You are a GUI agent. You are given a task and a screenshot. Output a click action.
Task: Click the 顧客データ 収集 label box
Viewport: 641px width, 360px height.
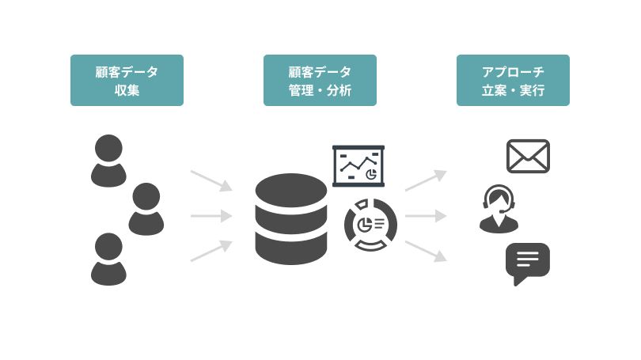(x=127, y=80)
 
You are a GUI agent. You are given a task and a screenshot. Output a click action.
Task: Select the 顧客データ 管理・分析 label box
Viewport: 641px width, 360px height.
(x=320, y=80)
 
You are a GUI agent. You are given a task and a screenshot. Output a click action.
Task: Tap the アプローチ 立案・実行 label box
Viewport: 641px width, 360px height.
(x=513, y=80)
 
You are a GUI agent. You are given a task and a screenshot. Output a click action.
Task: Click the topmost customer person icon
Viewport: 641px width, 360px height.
(x=108, y=161)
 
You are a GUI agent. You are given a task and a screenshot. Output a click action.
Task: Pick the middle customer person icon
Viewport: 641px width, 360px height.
(x=146, y=209)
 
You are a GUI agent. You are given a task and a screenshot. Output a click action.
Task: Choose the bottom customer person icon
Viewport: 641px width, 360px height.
(x=108, y=259)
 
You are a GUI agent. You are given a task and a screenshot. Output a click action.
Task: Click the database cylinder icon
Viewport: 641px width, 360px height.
(x=291, y=218)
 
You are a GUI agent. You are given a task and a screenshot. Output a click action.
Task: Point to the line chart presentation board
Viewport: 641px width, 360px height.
(x=358, y=165)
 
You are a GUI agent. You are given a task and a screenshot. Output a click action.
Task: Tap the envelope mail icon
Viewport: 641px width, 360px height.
(x=528, y=156)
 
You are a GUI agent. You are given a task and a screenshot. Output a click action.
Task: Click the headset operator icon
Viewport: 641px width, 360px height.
(x=499, y=209)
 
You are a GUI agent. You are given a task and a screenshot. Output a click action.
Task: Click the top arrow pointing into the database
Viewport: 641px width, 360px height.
(x=212, y=180)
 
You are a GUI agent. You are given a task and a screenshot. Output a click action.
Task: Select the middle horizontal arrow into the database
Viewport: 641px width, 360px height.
(x=212, y=215)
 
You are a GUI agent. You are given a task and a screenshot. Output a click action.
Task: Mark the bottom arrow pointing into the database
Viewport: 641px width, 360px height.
(x=212, y=250)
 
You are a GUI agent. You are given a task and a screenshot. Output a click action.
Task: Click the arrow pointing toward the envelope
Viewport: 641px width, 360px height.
(x=427, y=180)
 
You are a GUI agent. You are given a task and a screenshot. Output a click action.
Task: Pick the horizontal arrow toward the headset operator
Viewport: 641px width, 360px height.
(x=427, y=215)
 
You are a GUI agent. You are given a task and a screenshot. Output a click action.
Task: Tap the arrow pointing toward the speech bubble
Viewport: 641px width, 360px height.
(x=427, y=250)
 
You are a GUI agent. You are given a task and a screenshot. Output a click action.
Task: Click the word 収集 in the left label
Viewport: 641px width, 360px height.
(x=127, y=90)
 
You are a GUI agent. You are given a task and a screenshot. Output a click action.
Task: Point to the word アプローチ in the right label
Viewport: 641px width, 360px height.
(x=513, y=71)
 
